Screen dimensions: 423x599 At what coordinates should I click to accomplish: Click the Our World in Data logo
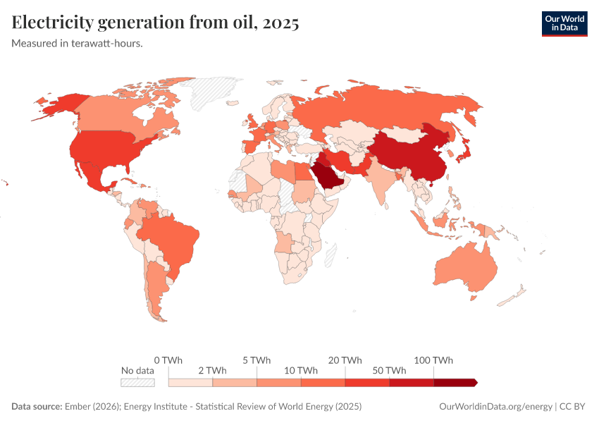(564, 23)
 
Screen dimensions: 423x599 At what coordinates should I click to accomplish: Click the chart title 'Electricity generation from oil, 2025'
(156, 23)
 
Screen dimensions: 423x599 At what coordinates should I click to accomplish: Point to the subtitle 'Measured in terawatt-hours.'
(78, 44)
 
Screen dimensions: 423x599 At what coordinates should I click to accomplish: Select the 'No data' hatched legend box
(137, 382)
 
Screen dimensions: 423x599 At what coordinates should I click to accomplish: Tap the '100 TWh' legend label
(433, 360)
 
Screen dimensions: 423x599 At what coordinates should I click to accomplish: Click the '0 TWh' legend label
(168, 360)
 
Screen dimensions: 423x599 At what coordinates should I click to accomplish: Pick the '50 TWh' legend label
(389, 370)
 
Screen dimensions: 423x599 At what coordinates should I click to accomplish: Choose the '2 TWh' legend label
(212, 370)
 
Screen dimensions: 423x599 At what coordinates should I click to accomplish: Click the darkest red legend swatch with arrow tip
(455, 382)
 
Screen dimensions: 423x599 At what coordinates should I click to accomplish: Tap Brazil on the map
(171, 237)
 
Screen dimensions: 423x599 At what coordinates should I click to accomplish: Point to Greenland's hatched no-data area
(211, 92)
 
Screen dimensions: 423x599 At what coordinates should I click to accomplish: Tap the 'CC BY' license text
(574, 407)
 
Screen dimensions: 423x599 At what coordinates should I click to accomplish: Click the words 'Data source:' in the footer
(37, 407)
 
